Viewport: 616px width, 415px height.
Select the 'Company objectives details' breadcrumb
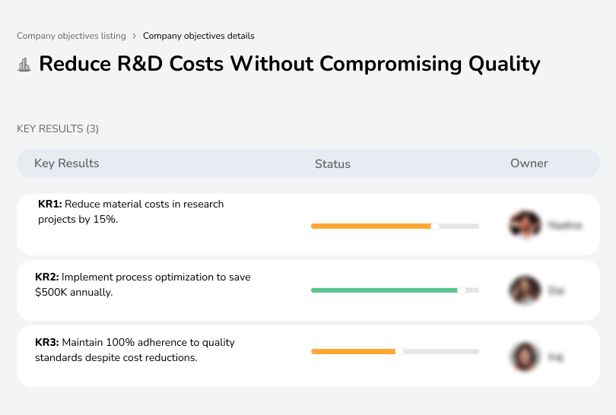[198, 36]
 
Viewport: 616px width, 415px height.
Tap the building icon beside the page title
[24, 65]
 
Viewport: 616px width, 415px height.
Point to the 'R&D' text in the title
[144, 63]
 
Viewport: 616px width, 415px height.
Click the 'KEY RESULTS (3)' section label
[58, 129]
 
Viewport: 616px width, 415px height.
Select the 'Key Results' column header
[66, 163]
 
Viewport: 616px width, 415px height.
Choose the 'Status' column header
[332, 164]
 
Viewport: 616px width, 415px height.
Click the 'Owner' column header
[529, 163]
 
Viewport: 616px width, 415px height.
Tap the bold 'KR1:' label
[50, 204]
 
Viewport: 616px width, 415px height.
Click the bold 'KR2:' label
[47, 277]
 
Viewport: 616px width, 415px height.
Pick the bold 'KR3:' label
[47, 343]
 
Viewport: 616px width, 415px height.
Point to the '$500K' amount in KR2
[50, 292]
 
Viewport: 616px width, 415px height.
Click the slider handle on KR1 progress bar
[435, 226]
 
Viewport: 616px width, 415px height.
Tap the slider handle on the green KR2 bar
[461, 290]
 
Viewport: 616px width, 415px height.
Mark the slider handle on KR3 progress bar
[399, 351]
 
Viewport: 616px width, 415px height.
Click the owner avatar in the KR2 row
[525, 290]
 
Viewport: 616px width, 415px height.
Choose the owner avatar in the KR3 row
[525, 356]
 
